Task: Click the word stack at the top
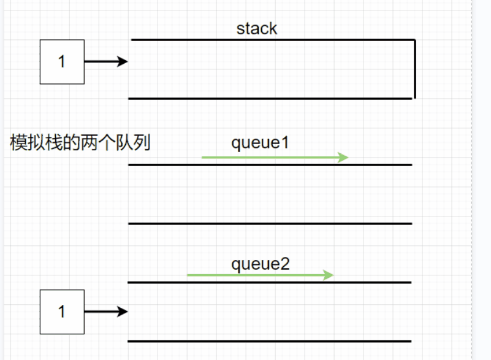(x=257, y=29)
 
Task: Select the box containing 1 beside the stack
(x=62, y=61)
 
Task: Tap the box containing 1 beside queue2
(x=62, y=312)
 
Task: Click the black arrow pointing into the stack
(x=105, y=61)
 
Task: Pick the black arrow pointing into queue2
(x=105, y=312)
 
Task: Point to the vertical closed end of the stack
(x=415, y=69)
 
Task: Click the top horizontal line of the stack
(x=273, y=40)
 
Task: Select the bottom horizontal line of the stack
(x=270, y=98)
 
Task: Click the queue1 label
(x=260, y=143)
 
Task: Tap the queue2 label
(x=260, y=264)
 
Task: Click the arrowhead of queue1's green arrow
(x=344, y=158)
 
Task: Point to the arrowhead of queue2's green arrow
(x=329, y=275)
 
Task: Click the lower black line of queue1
(x=270, y=223)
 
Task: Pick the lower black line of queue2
(x=270, y=341)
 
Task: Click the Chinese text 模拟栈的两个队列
(x=80, y=143)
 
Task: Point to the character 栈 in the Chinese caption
(x=53, y=143)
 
